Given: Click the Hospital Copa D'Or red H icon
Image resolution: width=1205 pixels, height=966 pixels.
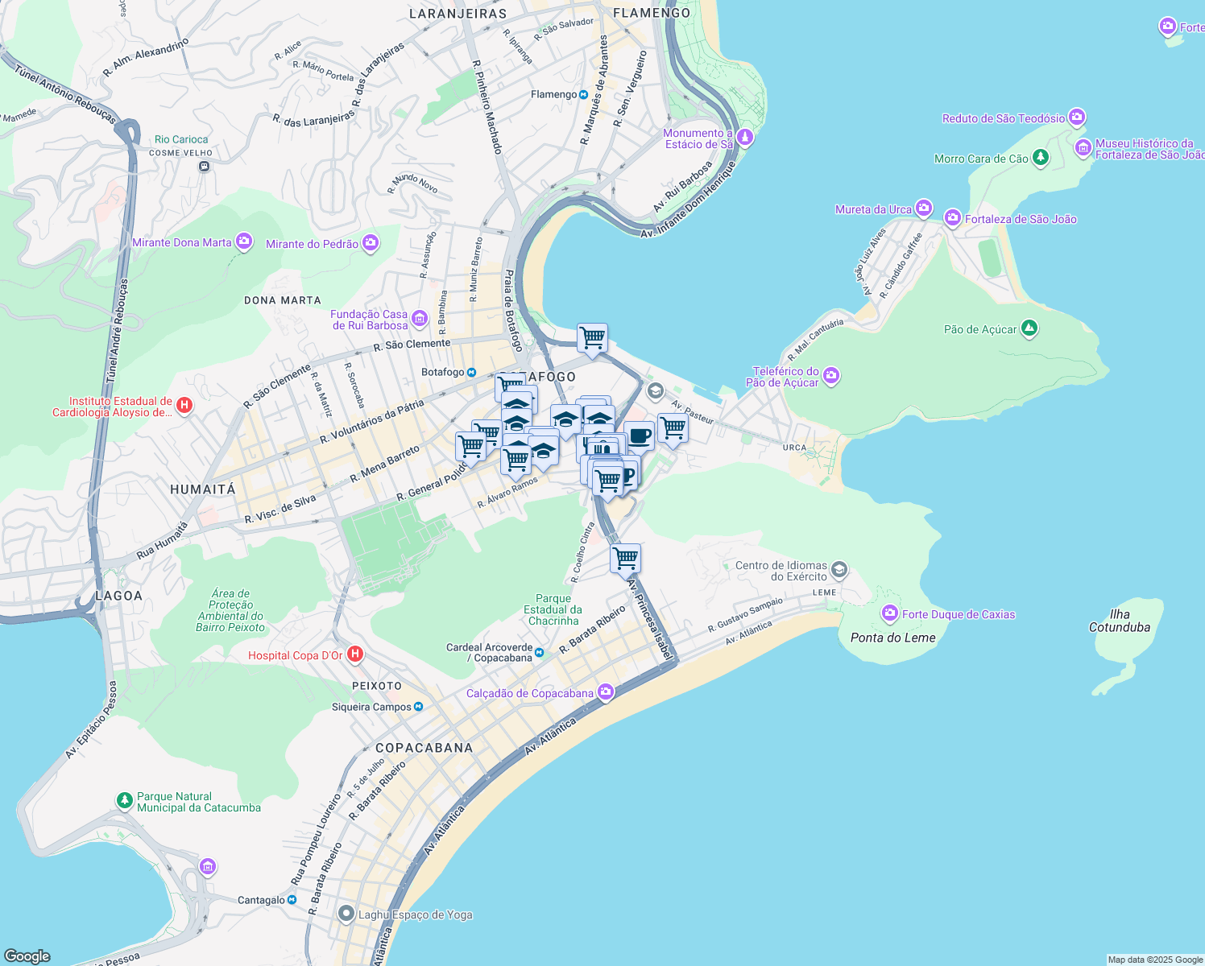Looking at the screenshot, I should (354, 654).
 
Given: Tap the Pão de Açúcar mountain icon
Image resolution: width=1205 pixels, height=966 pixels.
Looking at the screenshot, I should (1029, 328).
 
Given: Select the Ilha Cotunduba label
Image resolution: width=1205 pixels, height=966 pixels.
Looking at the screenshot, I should (1119, 621).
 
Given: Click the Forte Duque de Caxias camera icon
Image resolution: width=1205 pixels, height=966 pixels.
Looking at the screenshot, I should (889, 613).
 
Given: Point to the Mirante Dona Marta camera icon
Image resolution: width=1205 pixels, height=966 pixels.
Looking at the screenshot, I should (244, 242).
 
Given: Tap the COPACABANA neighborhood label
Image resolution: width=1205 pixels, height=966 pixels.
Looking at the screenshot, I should (424, 748).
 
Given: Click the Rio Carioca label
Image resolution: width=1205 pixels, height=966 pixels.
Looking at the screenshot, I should (181, 139).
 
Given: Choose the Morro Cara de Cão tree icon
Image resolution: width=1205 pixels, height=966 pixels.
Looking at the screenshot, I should (1040, 158).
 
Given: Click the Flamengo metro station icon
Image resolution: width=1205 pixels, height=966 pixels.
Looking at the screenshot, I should (583, 94).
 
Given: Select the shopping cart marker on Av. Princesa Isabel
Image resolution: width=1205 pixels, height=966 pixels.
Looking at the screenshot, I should (625, 557).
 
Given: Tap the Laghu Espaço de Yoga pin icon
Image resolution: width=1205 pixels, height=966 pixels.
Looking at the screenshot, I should (346, 914).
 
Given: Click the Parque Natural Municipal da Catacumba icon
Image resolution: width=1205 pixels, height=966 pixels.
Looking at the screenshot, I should (124, 800).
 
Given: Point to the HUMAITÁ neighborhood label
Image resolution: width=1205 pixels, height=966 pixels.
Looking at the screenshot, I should (203, 489).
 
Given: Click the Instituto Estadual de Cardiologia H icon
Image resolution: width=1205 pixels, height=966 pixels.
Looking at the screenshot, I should (184, 405).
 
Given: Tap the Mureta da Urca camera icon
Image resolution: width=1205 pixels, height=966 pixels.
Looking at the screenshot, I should (923, 208).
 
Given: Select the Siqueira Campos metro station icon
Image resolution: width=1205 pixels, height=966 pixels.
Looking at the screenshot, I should (418, 707).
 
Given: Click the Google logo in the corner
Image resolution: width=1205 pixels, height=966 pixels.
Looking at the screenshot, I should (27, 956).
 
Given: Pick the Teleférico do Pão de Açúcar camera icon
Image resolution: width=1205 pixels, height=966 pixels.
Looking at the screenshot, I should (831, 376).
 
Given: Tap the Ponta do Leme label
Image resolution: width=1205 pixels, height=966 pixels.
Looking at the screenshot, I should (892, 638).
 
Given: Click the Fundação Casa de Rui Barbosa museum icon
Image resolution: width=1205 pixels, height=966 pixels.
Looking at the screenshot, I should (419, 319).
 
